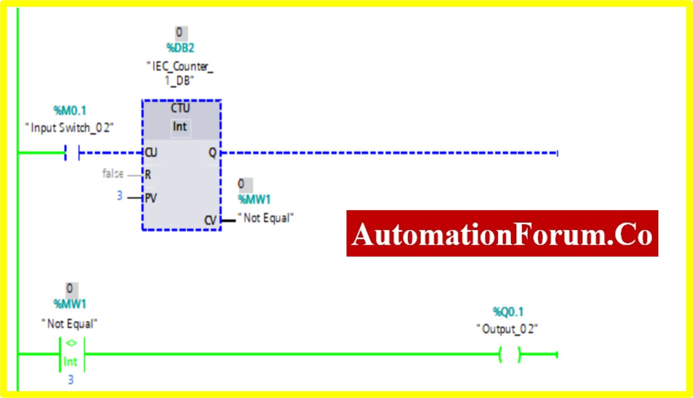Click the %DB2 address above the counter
[180, 48]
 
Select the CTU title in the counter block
[180, 109]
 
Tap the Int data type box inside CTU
[180, 127]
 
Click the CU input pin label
[151, 153]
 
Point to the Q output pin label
[212, 153]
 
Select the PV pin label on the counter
[151, 198]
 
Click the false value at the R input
[113, 174]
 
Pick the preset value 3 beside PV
[119, 196]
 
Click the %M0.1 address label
[70, 111]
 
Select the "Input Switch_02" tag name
[69, 128]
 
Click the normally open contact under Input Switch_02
[72, 153]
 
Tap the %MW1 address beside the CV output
[254, 200]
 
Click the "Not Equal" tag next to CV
[266, 218]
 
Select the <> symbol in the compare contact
[71, 343]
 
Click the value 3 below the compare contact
[71, 380]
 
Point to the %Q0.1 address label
[508, 312]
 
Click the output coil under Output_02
[510, 355]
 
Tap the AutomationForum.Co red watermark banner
[502, 234]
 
